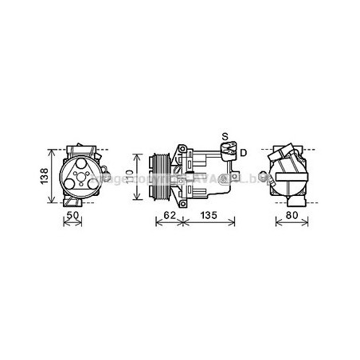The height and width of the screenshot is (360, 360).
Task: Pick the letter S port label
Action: [225, 137]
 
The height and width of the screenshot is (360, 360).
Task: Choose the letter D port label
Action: [244, 151]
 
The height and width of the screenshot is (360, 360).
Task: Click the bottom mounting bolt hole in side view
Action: [184, 201]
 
